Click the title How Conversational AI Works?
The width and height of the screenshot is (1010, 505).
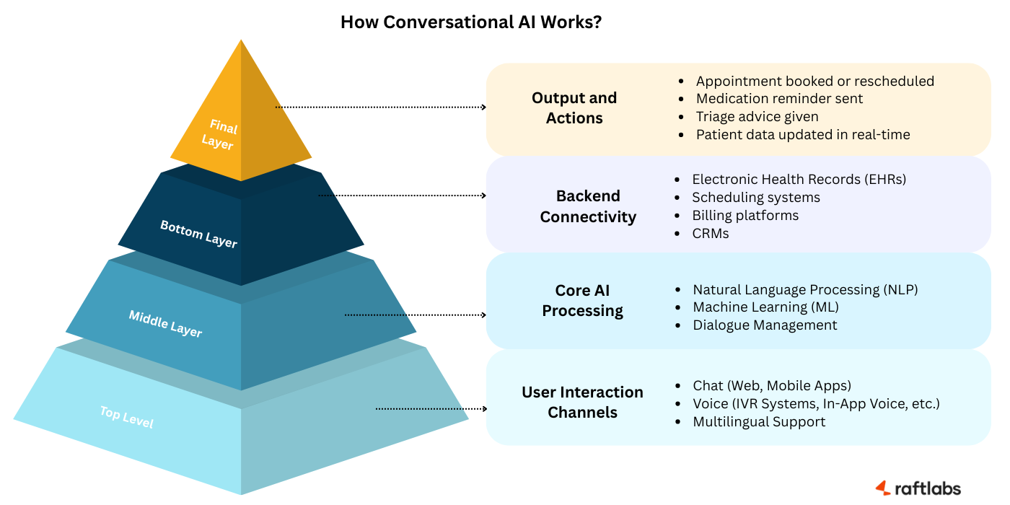[471, 22]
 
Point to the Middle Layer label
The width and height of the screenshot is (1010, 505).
[165, 324]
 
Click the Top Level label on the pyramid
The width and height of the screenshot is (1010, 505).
[126, 418]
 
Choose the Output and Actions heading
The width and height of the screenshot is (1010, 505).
[574, 108]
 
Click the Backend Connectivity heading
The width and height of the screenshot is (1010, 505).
[588, 206]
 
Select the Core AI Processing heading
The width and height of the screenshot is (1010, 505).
[583, 301]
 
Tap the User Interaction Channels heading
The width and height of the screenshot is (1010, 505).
[582, 403]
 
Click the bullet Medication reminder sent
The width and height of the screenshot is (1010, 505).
[779, 99]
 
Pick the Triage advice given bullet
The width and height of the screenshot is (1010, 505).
[757, 117]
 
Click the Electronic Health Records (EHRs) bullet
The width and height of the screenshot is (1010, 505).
[799, 179]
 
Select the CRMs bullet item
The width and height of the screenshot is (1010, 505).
[710, 234]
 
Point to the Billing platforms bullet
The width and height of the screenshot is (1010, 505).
[745, 216]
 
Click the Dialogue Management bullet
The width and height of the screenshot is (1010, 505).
[765, 325]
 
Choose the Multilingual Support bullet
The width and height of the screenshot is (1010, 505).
[759, 422]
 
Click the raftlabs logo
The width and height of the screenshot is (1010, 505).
[918, 488]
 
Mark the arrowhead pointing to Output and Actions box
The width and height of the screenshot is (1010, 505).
[484, 107]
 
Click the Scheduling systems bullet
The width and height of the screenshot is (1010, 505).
[755, 198]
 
